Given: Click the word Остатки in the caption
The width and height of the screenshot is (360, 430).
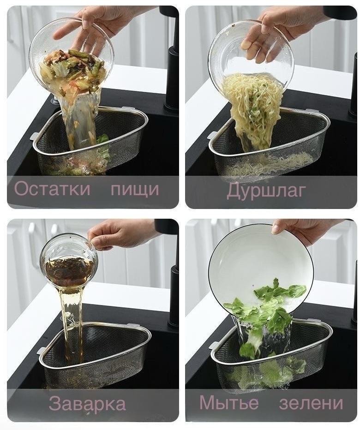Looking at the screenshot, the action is point(52,189).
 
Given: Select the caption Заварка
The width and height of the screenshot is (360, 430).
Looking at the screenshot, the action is point(87,403).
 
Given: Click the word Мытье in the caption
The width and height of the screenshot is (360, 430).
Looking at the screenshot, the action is point(229,402).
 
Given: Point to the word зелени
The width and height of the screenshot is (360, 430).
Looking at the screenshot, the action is point(311,403).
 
